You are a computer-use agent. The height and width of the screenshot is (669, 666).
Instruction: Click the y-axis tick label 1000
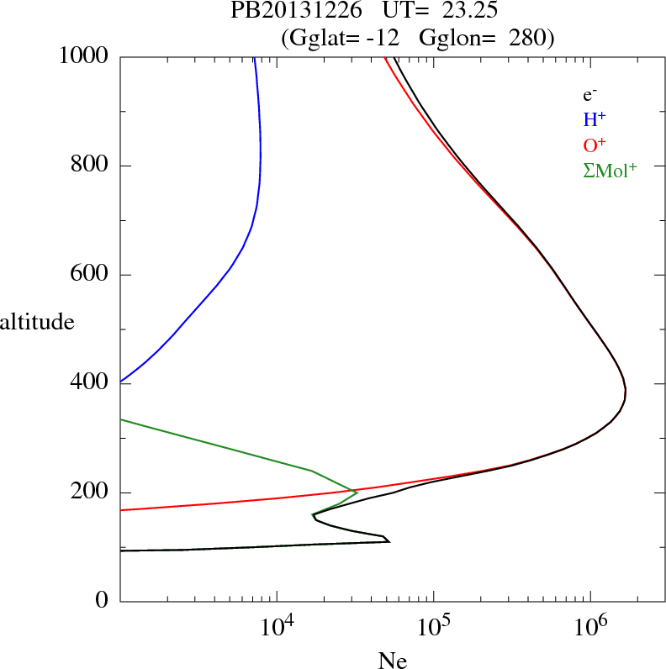(x=84, y=57)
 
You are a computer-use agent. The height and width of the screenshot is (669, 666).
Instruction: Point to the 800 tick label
(x=89, y=166)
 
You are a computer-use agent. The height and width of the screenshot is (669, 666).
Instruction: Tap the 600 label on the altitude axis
(x=89, y=275)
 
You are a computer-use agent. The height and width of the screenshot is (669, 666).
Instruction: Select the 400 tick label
(x=89, y=383)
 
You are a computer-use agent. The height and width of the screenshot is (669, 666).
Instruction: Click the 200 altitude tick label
(x=89, y=493)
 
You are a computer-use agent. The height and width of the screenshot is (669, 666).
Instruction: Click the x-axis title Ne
(x=392, y=661)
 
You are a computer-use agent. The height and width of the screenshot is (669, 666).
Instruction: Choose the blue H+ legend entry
(x=594, y=120)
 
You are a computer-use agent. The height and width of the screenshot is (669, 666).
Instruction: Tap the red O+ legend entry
(x=594, y=145)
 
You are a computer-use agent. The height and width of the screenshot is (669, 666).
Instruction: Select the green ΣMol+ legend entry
(x=610, y=170)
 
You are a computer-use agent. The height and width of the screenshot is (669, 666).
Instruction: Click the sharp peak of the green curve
(x=357, y=493)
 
